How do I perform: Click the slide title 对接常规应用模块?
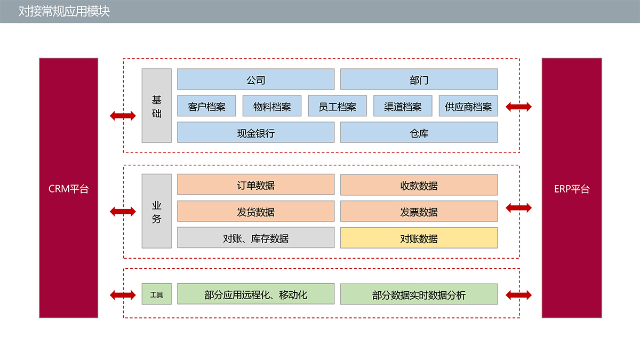(64, 11)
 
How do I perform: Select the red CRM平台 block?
(68, 188)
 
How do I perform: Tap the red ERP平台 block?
(572, 188)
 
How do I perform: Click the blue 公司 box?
(255, 79)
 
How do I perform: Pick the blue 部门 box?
(419, 79)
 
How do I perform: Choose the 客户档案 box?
(206, 106)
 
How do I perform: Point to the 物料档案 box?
(272, 106)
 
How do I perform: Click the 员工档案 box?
(337, 106)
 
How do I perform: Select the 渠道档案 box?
(403, 106)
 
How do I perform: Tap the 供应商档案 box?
(468, 106)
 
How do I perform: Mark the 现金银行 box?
(255, 133)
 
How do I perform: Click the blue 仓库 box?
(419, 133)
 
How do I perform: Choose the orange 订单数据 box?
(255, 185)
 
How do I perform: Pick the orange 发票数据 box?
(419, 212)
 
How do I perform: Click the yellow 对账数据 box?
(419, 238)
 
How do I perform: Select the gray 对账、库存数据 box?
(255, 238)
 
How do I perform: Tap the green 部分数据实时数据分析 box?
(419, 294)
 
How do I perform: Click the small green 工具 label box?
(156, 294)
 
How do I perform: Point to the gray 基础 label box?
(156, 106)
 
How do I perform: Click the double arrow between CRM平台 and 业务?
(123, 212)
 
